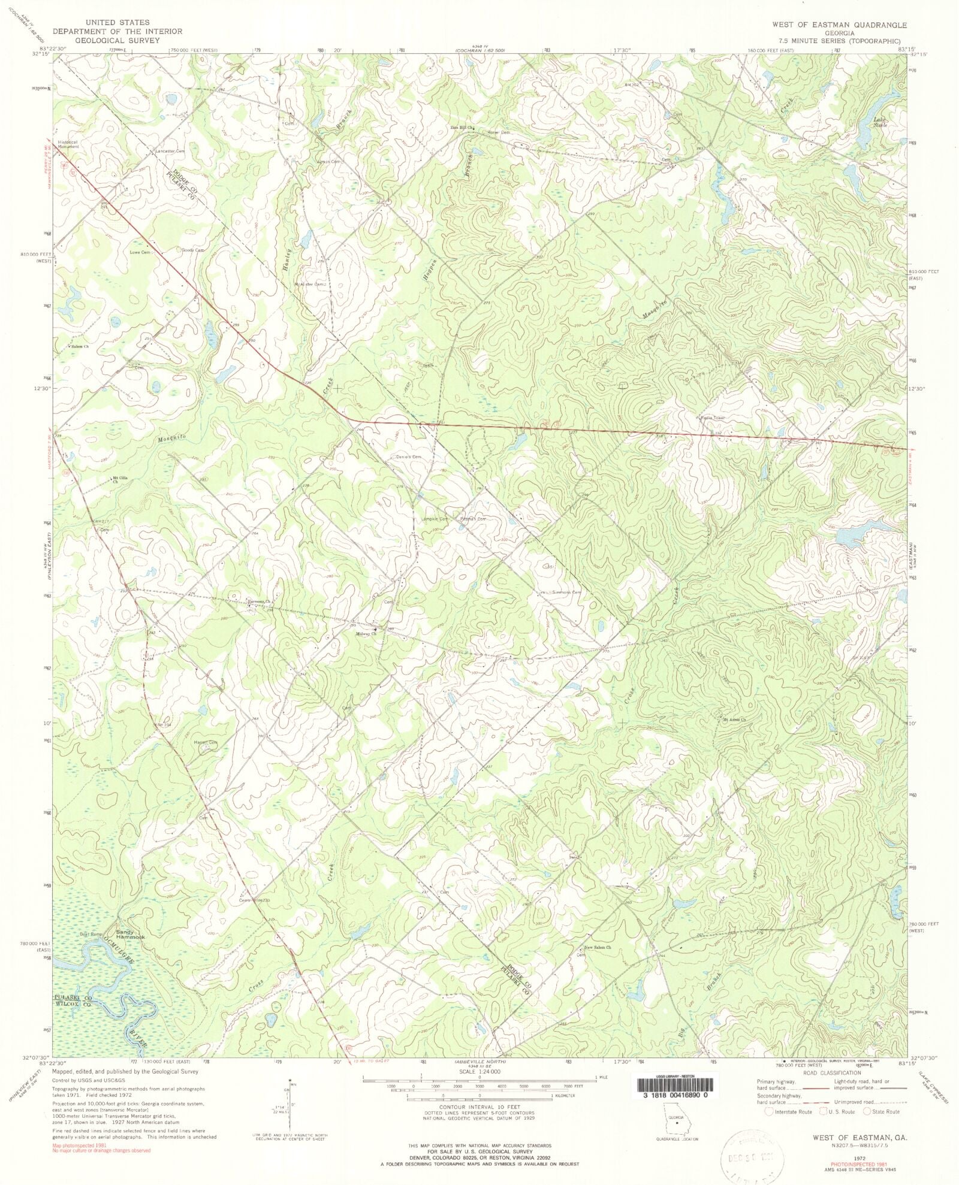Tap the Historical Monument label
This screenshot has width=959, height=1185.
tap(68, 144)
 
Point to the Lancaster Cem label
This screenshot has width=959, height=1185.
tap(170, 152)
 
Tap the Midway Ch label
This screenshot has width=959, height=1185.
tap(366, 634)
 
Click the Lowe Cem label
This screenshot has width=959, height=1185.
tap(146, 253)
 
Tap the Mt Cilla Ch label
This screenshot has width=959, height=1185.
tap(120, 479)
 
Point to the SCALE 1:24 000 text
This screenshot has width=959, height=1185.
tap(479, 1071)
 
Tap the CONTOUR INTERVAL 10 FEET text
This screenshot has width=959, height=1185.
tap(479, 1107)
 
